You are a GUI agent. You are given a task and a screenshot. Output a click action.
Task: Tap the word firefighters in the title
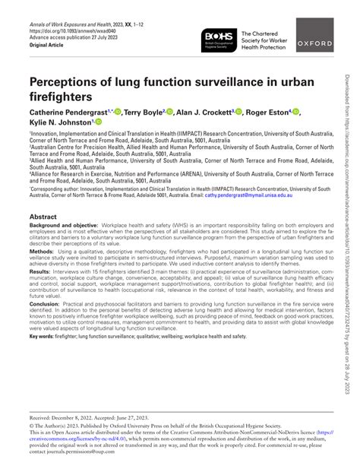click(61, 97)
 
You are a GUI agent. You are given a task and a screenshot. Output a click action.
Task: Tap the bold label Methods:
click(43, 250)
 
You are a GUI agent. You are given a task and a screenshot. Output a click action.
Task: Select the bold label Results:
click(40, 271)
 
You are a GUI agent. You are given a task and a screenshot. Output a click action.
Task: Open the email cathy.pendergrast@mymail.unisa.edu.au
click(258, 195)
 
